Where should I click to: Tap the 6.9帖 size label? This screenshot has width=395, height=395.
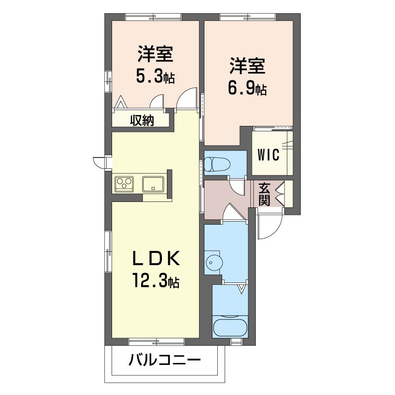click(x=247, y=88)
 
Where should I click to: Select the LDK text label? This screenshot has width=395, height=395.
click(x=156, y=258)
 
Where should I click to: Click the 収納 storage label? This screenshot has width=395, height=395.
click(x=142, y=120)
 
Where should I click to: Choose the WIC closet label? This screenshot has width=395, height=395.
click(x=268, y=155)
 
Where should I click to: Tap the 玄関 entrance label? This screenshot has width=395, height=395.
click(x=264, y=194)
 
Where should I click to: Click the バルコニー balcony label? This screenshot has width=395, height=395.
click(x=165, y=360)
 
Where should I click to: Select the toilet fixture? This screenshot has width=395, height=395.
click(x=217, y=164)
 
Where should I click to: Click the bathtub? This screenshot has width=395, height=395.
click(x=230, y=327)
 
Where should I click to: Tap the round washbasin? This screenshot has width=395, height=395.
click(x=214, y=263)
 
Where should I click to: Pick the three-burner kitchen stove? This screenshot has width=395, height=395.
click(x=124, y=184)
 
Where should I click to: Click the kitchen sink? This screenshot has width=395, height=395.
click(x=153, y=184)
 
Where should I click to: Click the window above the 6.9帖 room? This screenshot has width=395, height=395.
click(x=248, y=17)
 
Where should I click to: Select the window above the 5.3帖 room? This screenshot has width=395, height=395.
click(x=153, y=17)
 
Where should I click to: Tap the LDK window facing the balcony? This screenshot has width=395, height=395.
click(x=156, y=342)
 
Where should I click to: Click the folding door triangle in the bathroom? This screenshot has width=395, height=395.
click(x=241, y=289)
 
